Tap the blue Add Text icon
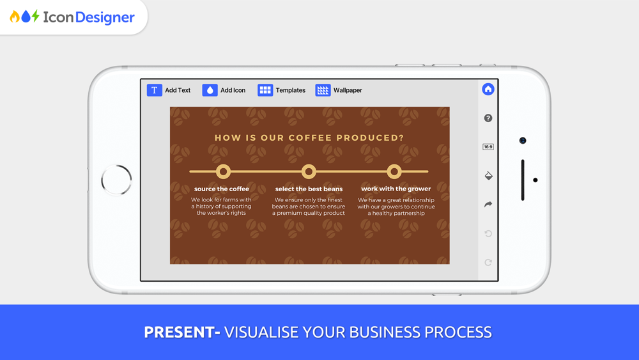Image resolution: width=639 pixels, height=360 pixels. click(155, 90)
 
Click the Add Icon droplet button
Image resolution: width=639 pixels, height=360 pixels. click(210, 90)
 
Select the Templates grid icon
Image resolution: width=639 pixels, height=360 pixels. click(265, 90)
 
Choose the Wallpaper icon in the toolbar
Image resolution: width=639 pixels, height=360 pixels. click(323, 90)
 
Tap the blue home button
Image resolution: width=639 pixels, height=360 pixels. click(488, 90)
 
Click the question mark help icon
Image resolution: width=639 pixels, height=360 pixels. click(488, 118)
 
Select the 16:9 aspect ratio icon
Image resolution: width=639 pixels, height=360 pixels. click(488, 147)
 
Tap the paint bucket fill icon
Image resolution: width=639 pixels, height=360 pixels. click(488, 176)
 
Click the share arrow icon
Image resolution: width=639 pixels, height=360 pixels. click(488, 204)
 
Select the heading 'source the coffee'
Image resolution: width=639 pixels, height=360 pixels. click(221, 189)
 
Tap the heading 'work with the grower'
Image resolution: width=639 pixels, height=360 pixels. click(396, 189)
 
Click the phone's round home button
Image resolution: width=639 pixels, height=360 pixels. click(116, 166)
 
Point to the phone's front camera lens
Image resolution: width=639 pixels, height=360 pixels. click(523, 141)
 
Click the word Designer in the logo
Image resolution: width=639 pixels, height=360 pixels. click(105, 17)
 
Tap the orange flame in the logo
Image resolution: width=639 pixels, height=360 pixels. click(15, 17)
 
